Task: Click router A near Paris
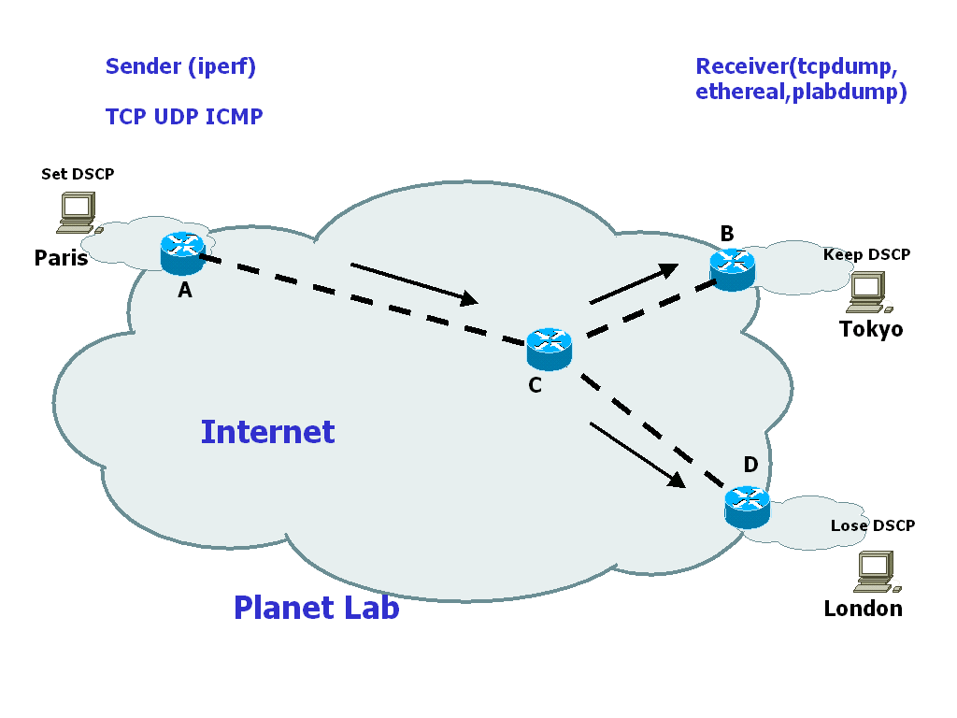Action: coord(182,252)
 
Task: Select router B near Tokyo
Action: coord(732,269)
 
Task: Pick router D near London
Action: coord(747,508)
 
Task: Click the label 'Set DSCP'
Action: coord(78,174)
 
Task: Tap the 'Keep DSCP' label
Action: coord(866,254)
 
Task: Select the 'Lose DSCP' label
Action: coord(872,525)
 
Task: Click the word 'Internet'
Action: coord(267,432)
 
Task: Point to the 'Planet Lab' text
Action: coord(316,608)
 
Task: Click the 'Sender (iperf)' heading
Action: coord(180,66)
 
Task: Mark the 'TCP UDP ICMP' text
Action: coord(184,117)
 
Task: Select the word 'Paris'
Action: coord(61,258)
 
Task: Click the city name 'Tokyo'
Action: coord(871,329)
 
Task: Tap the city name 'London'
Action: coord(863,609)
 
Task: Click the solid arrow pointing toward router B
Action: coord(634,283)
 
